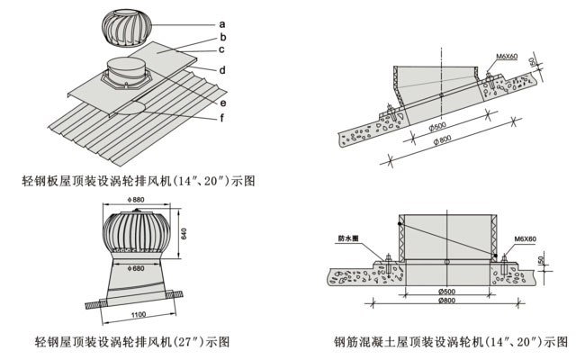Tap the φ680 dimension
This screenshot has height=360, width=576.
pyautogui.click(x=136, y=268)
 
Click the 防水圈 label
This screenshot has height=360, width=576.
pyautogui.click(x=349, y=238)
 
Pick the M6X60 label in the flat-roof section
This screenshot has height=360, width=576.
pyautogui.click(x=526, y=239)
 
